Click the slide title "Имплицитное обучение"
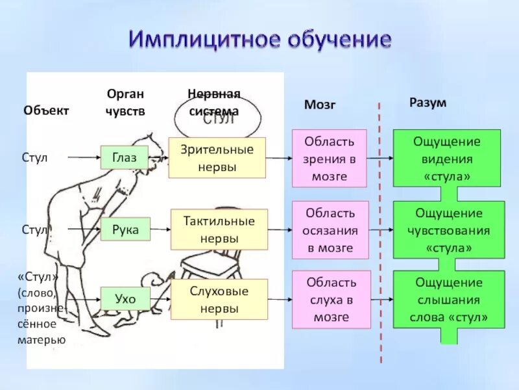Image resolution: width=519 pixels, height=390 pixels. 259,39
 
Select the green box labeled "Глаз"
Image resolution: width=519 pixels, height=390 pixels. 124,157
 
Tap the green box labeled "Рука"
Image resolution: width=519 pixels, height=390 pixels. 125,229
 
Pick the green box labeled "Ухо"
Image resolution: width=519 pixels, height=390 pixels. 125,299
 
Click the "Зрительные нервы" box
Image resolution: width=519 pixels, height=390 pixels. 217,157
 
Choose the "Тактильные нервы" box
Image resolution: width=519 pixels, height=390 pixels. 219,229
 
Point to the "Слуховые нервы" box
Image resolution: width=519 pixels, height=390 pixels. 219,300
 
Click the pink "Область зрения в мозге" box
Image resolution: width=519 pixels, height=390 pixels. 329,158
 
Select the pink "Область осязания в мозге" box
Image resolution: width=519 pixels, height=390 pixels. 330,230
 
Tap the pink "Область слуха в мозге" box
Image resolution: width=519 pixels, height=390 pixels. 332,300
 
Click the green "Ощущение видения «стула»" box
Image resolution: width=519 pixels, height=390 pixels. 446,158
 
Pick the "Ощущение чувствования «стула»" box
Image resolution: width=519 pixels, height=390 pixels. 448,230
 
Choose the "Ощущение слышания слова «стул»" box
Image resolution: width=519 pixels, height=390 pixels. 448,300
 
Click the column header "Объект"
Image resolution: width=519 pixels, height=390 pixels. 46,110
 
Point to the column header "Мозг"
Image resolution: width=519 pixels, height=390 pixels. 320,105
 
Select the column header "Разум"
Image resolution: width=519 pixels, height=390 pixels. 428,103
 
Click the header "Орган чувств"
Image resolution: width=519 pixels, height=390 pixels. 125,103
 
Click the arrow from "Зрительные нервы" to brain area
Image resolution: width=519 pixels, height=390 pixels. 279,158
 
